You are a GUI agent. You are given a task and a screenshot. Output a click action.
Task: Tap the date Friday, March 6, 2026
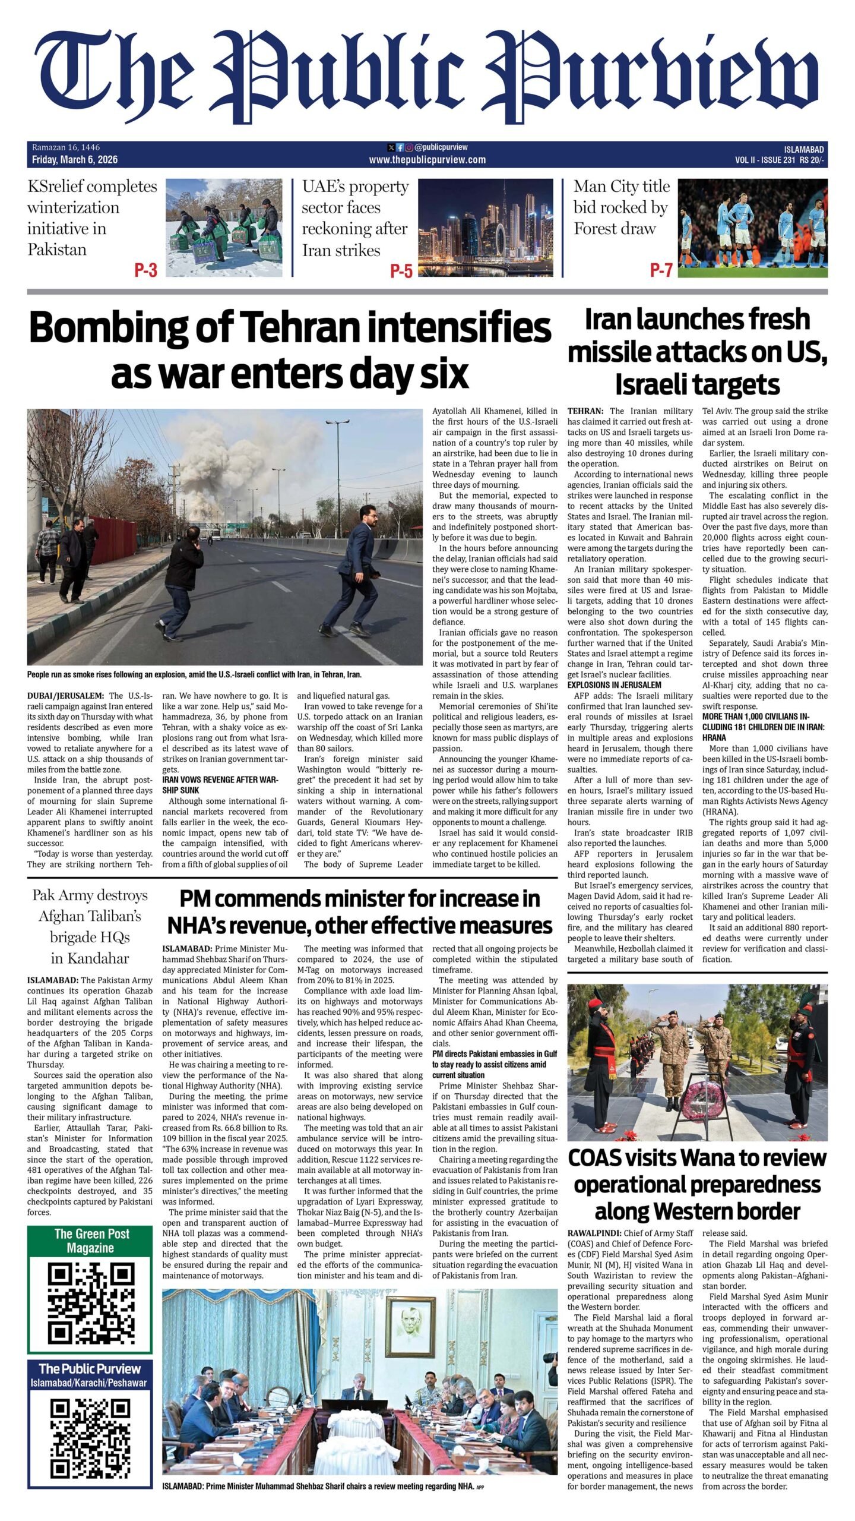pyautogui.click(x=75, y=160)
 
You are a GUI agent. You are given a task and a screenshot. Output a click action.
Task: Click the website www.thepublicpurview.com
pyautogui.click(x=427, y=160)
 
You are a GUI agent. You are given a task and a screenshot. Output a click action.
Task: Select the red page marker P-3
pyautogui.click(x=145, y=270)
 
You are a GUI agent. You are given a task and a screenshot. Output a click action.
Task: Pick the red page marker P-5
pyautogui.click(x=401, y=271)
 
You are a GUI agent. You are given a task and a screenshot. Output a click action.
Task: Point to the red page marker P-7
pyautogui.click(x=661, y=270)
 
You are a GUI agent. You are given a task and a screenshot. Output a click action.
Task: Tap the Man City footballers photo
pyautogui.click(x=752, y=228)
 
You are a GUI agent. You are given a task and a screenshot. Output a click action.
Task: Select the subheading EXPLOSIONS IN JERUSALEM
pyautogui.click(x=614, y=684)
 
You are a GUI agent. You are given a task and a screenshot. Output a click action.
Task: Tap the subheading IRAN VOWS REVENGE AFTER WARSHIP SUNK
pyautogui.click(x=220, y=785)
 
